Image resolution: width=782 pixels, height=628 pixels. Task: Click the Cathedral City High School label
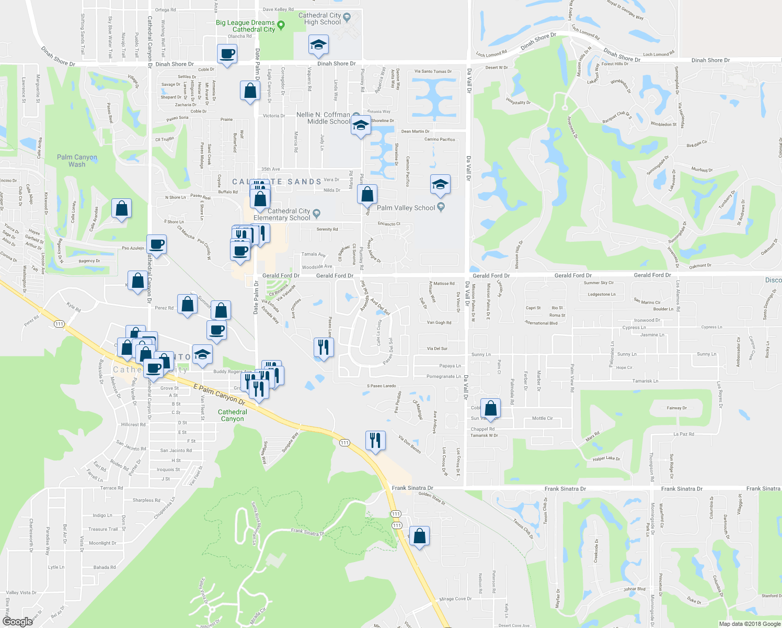pyautogui.click(x=319, y=19)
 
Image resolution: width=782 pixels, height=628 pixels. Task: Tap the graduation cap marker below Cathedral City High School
pyautogui.click(x=318, y=45)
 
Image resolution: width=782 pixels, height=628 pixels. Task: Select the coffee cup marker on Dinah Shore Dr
pyautogui.click(x=227, y=54)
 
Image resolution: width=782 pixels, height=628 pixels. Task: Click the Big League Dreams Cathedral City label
pyautogui.click(x=245, y=26)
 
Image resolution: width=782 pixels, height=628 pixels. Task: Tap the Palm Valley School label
pyautogui.click(x=406, y=208)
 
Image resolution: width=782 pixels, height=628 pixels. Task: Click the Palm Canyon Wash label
pyautogui.click(x=77, y=161)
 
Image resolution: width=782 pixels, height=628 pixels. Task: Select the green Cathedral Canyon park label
pyautogui.click(x=233, y=416)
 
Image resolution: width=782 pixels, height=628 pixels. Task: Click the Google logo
pyautogui.click(x=18, y=621)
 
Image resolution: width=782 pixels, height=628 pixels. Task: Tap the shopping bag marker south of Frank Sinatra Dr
pyautogui.click(x=419, y=536)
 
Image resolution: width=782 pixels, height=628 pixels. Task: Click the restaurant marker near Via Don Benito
pyautogui.click(x=375, y=441)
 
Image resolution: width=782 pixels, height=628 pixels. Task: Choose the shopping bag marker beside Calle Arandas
pyautogui.click(x=121, y=209)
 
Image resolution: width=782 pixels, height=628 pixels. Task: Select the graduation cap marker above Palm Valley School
pyautogui.click(x=440, y=184)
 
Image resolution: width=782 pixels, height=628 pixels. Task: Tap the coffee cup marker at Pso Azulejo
pyautogui.click(x=156, y=244)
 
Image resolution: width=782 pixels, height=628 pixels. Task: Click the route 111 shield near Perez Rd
pyautogui.click(x=59, y=324)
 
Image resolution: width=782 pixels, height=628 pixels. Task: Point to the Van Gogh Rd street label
pyautogui.click(x=439, y=322)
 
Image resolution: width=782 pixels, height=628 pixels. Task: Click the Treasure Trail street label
pyautogui.click(x=103, y=529)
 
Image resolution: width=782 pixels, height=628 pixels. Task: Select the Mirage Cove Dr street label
pyautogui.click(x=455, y=599)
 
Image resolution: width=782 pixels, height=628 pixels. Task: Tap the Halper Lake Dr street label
pyautogui.click(x=606, y=459)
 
